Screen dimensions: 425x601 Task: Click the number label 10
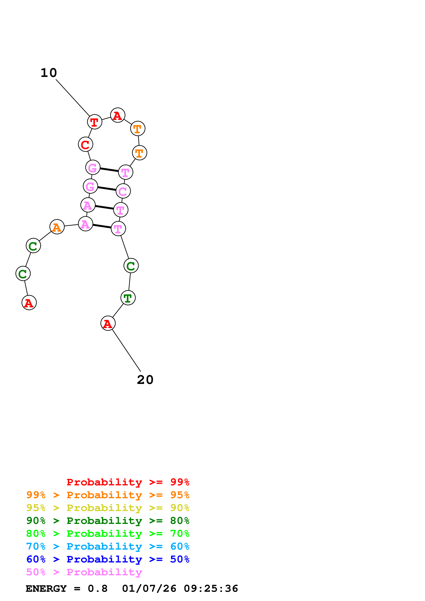pyautogui.click(x=49, y=73)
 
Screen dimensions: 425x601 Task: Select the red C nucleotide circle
pyautogui.click(x=85, y=144)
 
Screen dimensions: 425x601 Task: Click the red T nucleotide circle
pyautogui.click(x=94, y=122)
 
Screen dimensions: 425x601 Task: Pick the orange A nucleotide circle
pyautogui.click(x=57, y=227)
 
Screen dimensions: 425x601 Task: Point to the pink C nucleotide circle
pyautogui.click(x=123, y=191)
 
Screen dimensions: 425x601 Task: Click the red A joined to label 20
pyautogui.click(x=108, y=323)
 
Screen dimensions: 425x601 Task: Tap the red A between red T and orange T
pyautogui.click(x=118, y=115)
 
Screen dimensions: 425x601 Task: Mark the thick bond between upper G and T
pyautogui.click(x=109, y=170)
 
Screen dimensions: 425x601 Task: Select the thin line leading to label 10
pyautogui.click(x=73, y=98)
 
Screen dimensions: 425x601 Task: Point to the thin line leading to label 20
pyautogui.click(x=126, y=350)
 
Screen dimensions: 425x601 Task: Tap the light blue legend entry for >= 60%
pyautogui.click(x=108, y=546)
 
